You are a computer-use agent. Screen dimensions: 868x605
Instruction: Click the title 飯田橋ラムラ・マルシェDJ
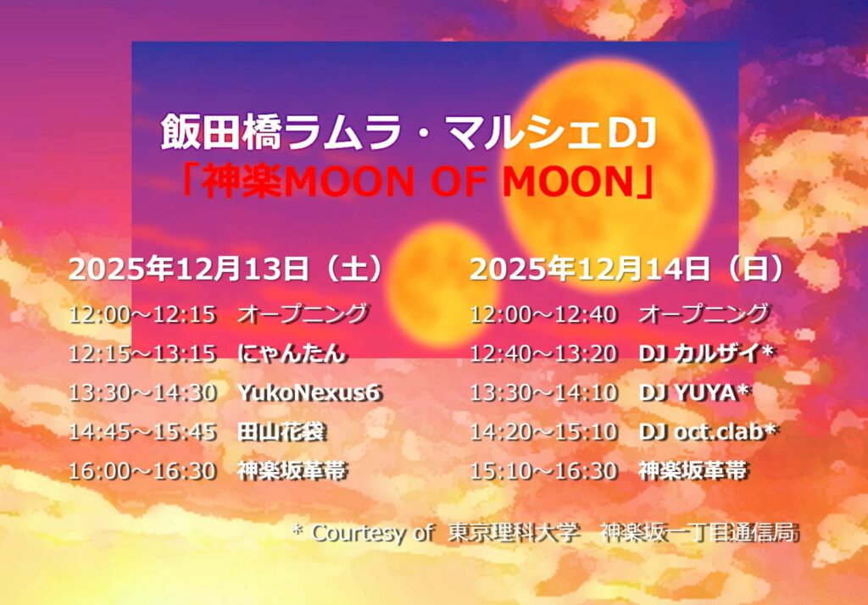[409, 133]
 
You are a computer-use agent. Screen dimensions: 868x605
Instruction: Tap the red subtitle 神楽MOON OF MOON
[418, 182]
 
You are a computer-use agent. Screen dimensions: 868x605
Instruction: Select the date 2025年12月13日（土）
[226, 269]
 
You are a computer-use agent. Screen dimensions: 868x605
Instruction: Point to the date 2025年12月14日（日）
[628, 269]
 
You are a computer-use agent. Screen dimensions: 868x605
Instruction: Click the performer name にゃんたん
[292, 353]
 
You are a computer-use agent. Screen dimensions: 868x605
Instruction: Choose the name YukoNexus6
[309, 392]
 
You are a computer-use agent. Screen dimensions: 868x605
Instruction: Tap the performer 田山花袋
[281, 432]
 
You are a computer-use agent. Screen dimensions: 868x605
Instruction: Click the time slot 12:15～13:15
[142, 353]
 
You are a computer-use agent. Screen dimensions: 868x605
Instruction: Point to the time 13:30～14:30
[142, 392]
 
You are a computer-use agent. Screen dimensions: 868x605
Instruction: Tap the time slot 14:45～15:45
[142, 432]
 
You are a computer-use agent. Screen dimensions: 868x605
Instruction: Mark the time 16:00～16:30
[142, 471]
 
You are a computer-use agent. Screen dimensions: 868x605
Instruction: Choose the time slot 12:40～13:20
[543, 353]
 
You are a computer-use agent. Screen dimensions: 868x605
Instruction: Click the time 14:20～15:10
[543, 432]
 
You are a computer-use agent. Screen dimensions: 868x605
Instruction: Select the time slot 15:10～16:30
[543, 471]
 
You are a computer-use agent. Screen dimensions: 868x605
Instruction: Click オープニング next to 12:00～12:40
[704, 314]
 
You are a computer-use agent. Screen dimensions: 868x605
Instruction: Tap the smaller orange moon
[440, 284]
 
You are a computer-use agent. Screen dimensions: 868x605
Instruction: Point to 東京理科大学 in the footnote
[514, 532]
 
